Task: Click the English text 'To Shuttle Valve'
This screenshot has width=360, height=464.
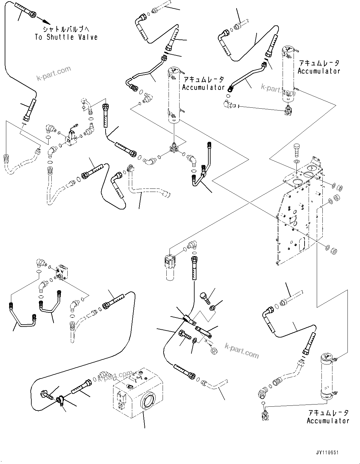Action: [66, 37]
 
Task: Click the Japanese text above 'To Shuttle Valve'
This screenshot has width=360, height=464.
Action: [66, 29]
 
